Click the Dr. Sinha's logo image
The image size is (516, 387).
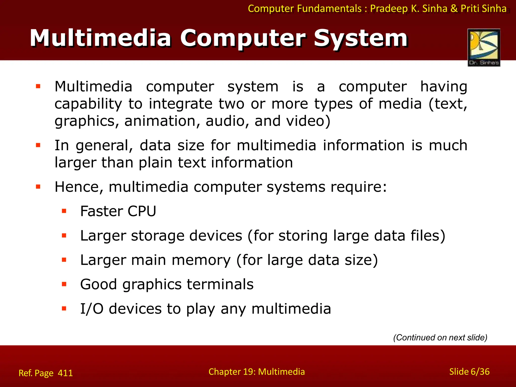click(x=484, y=47)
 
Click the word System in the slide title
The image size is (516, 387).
click(x=361, y=38)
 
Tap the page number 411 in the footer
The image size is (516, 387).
click(x=65, y=373)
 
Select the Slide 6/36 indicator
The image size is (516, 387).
click(x=469, y=372)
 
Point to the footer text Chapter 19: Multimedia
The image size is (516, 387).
click(x=256, y=372)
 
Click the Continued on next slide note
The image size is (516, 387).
click(x=440, y=337)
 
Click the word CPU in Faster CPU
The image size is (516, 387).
click(x=142, y=211)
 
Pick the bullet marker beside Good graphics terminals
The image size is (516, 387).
click(x=64, y=284)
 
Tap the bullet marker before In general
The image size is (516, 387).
click(x=38, y=145)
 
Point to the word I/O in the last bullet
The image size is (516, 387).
click(x=92, y=309)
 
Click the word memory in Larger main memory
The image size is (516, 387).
click(x=201, y=260)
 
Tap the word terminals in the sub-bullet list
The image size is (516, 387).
click(x=220, y=284)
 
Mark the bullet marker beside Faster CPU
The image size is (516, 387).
click(x=64, y=211)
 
